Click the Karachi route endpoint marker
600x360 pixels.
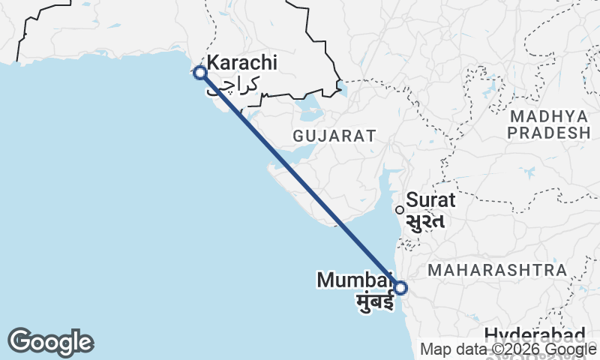tap(200, 73)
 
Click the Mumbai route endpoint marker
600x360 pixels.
tap(400, 287)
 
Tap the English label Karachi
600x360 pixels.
tap(242, 64)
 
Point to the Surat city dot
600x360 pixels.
tap(400, 210)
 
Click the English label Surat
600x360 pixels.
tap(430, 200)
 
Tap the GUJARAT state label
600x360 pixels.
tap(334, 136)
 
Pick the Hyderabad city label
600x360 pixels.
tap(534, 335)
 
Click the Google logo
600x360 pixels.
tap(50, 342)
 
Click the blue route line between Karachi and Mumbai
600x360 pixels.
tap(300, 180)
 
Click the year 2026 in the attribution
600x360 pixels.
tap(517, 349)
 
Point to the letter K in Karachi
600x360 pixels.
tap(213, 64)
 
